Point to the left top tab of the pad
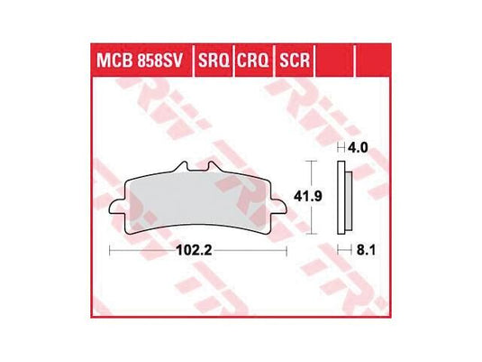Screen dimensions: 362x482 (184, 168)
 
